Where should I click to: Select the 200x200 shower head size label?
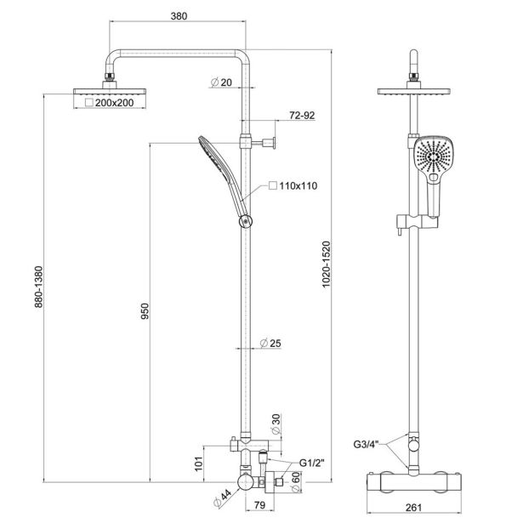pyautogui.click(x=113, y=102)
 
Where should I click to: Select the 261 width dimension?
pyautogui.click(x=416, y=510)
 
